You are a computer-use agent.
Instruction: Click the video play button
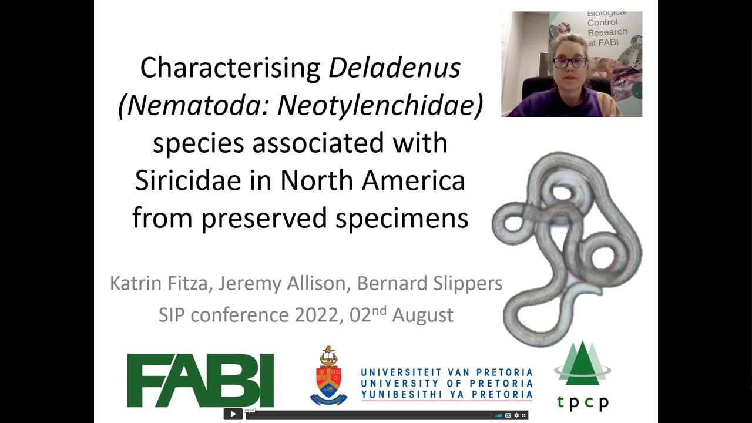(233, 414)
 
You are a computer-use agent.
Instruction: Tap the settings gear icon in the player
(516, 415)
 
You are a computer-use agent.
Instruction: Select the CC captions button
(508, 415)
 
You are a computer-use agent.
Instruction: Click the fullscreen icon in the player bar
(523, 415)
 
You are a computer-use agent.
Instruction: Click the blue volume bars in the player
(499, 415)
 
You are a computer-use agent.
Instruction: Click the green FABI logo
(200, 380)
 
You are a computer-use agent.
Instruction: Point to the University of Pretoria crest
(328, 375)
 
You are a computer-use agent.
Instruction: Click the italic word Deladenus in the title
(394, 68)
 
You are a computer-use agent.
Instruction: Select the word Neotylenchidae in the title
(380, 105)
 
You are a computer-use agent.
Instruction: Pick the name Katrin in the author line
(136, 283)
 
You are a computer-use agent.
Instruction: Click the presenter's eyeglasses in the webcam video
(570, 63)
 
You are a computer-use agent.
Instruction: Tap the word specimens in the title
(402, 218)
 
